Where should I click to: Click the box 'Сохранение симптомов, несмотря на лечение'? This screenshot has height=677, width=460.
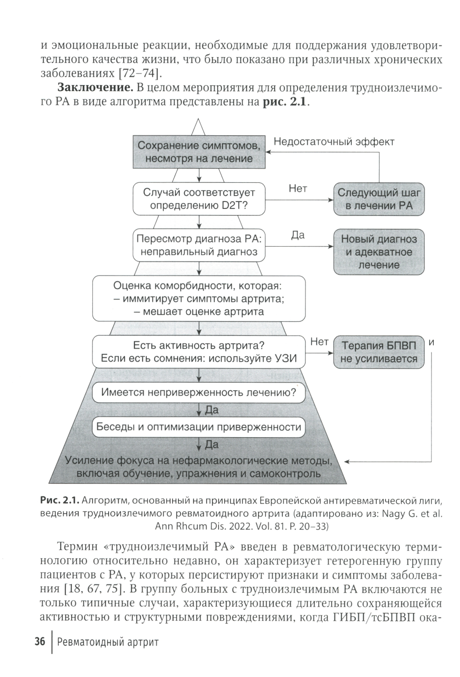coord(199,152)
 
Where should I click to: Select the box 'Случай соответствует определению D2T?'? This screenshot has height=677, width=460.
coord(199,199)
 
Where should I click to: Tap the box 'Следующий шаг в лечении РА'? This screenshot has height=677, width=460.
coord(379,199)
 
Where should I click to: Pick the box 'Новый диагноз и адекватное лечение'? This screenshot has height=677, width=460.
coord(379,252)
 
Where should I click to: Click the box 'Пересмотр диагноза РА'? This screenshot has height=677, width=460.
coord(199,245)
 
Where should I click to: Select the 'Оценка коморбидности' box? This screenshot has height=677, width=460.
coord(199,298)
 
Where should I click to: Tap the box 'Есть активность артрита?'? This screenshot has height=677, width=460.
coord(199,352)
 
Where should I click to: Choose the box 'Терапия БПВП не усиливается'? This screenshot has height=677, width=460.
coord(379,352)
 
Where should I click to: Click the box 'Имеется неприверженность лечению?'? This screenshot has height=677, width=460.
coord(199,393)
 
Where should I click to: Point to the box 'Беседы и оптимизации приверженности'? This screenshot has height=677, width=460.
coord(199,427)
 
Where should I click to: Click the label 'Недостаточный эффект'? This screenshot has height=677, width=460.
coord(334,142)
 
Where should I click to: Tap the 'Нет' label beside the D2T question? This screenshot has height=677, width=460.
coord(298,188)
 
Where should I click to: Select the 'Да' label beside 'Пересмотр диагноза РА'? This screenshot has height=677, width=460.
coord(298,236)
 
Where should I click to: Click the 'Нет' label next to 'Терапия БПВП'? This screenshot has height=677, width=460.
coord(319,341)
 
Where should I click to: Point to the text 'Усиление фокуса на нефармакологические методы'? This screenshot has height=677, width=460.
coord(199,461)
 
